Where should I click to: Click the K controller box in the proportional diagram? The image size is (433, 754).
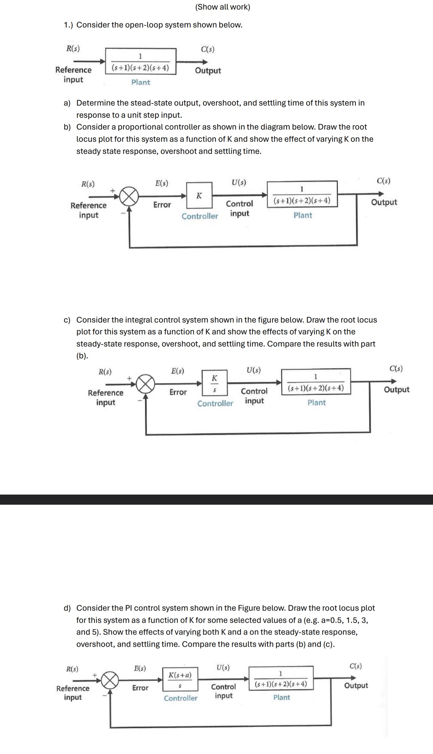pyautogui.click(x=199, y=195)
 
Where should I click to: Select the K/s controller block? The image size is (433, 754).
pyautogui.click(x=214, y=383)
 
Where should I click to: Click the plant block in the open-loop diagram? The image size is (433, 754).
pyautogui.click(x=141, y=61)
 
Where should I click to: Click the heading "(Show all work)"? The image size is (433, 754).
pyautogui.click(x=223, y=7)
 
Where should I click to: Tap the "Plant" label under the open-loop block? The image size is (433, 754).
pyautogui.click(x=141, y=82)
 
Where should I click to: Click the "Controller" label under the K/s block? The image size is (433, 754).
pyautogui.click(x=215, y=403)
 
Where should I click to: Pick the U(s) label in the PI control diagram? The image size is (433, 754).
pyautogui.click(x=223, y=667)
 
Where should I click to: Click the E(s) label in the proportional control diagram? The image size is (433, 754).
pyautogui.click(x=162, y=183)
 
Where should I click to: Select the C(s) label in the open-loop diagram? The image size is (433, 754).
pyautogui.click(x=208, y=49)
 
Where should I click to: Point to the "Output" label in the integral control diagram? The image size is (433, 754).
pyautogui.click(x=397, y=390)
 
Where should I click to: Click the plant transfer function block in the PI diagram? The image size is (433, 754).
pyautogui.click(x=281, y=679)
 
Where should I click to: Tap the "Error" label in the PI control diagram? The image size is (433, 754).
pyautogui.click(x=140, y=688)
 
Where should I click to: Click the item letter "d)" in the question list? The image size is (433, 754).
pyautogui.click(x=67, y=608)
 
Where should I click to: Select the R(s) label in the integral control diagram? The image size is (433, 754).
pyautogui.click(x=105, y=372)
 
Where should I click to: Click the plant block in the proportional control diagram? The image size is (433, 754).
pyautogui.click(x=302, y=195)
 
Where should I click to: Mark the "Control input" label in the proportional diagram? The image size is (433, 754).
pyautogui.click(x=239, y=208)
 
